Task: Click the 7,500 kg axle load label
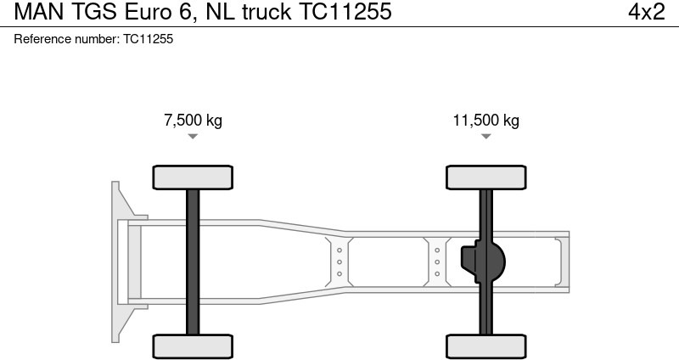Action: (193, 121)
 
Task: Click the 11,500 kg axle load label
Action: (485, 121)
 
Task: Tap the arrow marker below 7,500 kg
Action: (193, 136)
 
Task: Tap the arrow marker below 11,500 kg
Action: (485, 136)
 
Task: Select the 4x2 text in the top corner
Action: (646, 13)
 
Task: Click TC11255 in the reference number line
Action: (148, 39)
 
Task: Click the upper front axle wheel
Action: (193, 177)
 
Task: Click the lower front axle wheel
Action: (193, 346)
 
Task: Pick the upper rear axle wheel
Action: (485, 177)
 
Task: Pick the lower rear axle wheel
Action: (485, 346)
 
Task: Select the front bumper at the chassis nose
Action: (119, 262)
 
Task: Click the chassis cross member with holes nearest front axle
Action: (339, 262)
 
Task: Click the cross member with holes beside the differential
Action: (436, 262)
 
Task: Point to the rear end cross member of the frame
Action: (559, 262)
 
